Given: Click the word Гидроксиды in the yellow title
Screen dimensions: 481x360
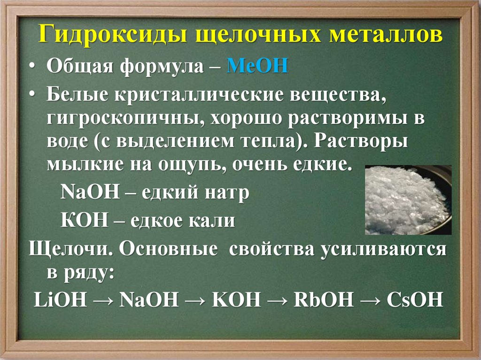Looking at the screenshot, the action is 113,35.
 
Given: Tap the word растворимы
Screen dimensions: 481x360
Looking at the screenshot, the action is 348,119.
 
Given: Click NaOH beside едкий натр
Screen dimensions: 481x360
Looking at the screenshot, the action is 90,192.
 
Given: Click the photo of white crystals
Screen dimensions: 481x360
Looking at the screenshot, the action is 408,200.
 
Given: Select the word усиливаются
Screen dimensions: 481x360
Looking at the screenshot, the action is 383,249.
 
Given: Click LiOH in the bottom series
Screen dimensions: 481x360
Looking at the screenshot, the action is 60,299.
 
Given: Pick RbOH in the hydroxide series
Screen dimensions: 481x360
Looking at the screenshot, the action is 324,299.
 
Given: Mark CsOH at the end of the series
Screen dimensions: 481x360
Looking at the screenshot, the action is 415,299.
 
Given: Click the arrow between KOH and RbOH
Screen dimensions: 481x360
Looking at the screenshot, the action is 277,300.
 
